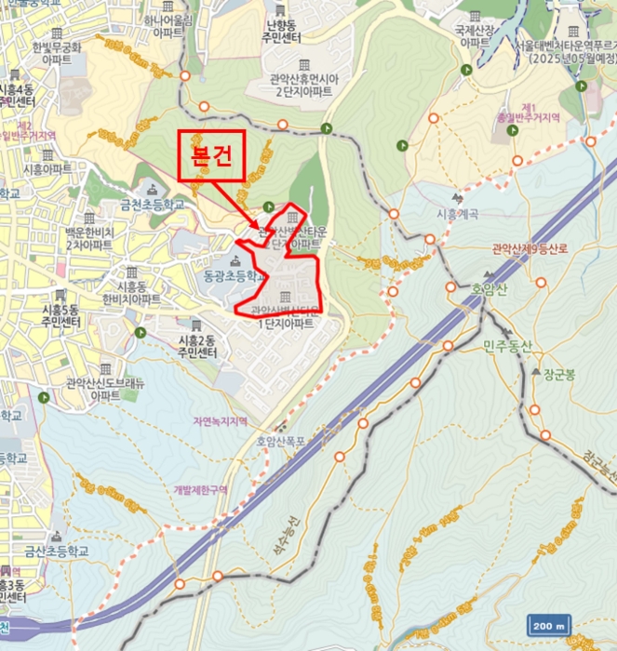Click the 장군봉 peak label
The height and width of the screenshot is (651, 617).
(x=557, y=374)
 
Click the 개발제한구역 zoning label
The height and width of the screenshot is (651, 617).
(x=200, y=489)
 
